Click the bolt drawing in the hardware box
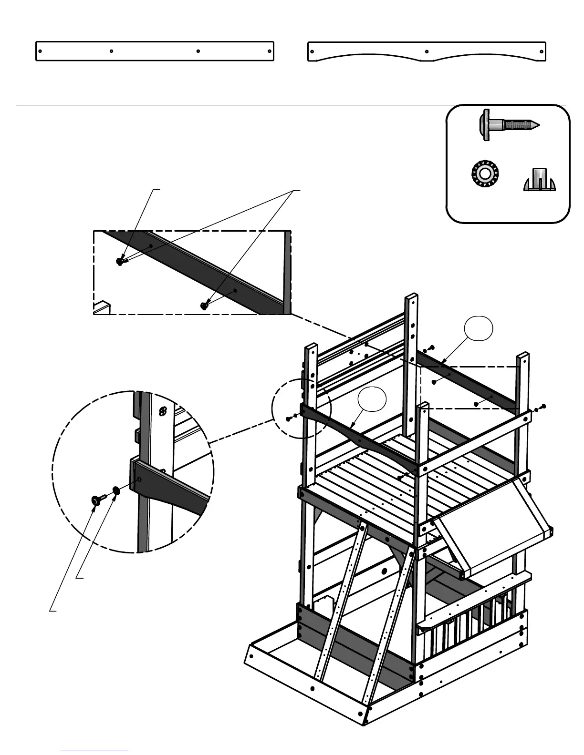pyautogui.click(x=508, y=125)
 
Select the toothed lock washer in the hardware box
pyautogui.click(x=484, y=173)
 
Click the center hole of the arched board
pyautogui.click(x=427, y=51)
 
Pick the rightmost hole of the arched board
pyautogui.click(x=541, y=51)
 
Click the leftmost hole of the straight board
pyautogui.click(x=41, y=51)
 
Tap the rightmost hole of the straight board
pyautogui.click(x=269, y=51)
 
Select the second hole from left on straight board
pyautogui.click(x=111, y=51)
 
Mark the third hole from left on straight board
pyautogui.click(x=198, y=51)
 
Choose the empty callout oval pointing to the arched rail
pyautogui.click(x=372, y=399)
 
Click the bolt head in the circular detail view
pyautogui.click(x=96, y=500)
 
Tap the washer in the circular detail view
pyautogui.click(x=116, y=490)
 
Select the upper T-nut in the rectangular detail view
pyautogui.click(x=119, y=261)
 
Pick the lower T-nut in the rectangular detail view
pyautogui.click(x=205, y=306)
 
